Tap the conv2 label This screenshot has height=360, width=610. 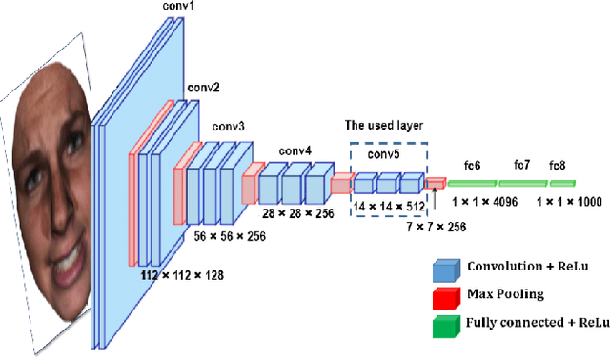204,88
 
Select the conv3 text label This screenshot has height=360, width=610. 229,126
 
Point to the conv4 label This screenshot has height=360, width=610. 295,150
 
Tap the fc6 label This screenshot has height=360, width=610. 472,165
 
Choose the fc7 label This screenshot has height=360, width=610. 522,165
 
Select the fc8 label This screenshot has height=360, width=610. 558,165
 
